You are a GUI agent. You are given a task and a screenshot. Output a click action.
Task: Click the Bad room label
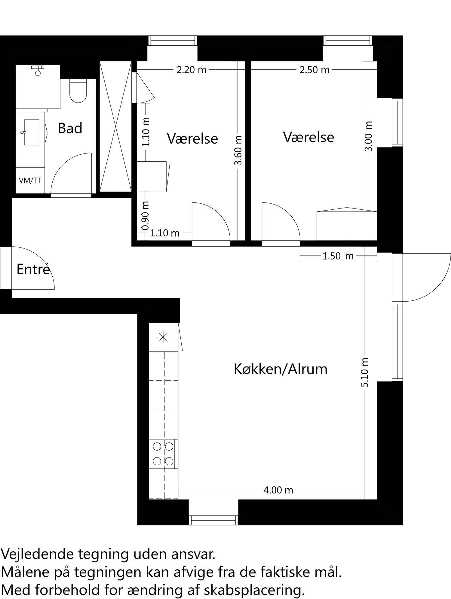(x=70, y=129)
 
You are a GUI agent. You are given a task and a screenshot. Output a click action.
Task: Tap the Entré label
(x=33, y=269)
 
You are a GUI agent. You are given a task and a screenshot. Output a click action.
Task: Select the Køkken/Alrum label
(x=280, y=369)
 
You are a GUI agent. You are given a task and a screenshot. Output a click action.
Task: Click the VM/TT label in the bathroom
(x=30, y=181)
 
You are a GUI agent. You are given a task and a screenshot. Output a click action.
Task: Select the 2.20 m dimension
(x=192, y=70)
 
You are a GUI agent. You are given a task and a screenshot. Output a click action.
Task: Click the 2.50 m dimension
(x=314, y=70)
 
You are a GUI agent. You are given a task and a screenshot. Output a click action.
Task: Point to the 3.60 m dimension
(x=238, y=150)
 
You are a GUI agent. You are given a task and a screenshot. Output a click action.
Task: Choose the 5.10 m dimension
(x=364, y=372)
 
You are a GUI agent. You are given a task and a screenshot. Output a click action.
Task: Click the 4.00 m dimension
(x=278, y=490)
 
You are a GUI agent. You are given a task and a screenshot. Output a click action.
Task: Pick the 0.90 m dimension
(x=146, y=215)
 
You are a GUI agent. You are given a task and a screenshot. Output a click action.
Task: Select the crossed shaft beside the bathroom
(x=115, y=126)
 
